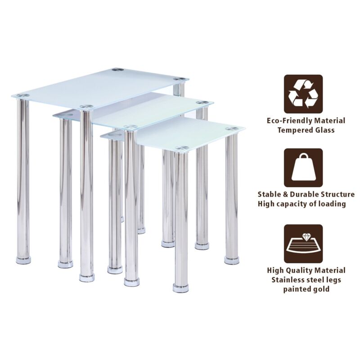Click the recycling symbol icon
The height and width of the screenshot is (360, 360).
303,94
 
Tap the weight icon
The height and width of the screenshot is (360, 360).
303,167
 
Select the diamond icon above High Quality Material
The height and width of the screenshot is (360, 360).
303,244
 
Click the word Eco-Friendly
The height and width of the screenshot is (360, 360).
290,121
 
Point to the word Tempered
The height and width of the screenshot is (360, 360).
294,130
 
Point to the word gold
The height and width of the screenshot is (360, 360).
320,289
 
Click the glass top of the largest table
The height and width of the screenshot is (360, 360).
100,87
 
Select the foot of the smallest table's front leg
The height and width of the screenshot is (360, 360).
181,288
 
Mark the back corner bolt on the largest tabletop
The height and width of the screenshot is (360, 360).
118,70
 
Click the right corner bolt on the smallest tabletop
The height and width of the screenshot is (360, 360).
232,128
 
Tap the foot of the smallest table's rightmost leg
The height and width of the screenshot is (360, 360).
232,261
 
